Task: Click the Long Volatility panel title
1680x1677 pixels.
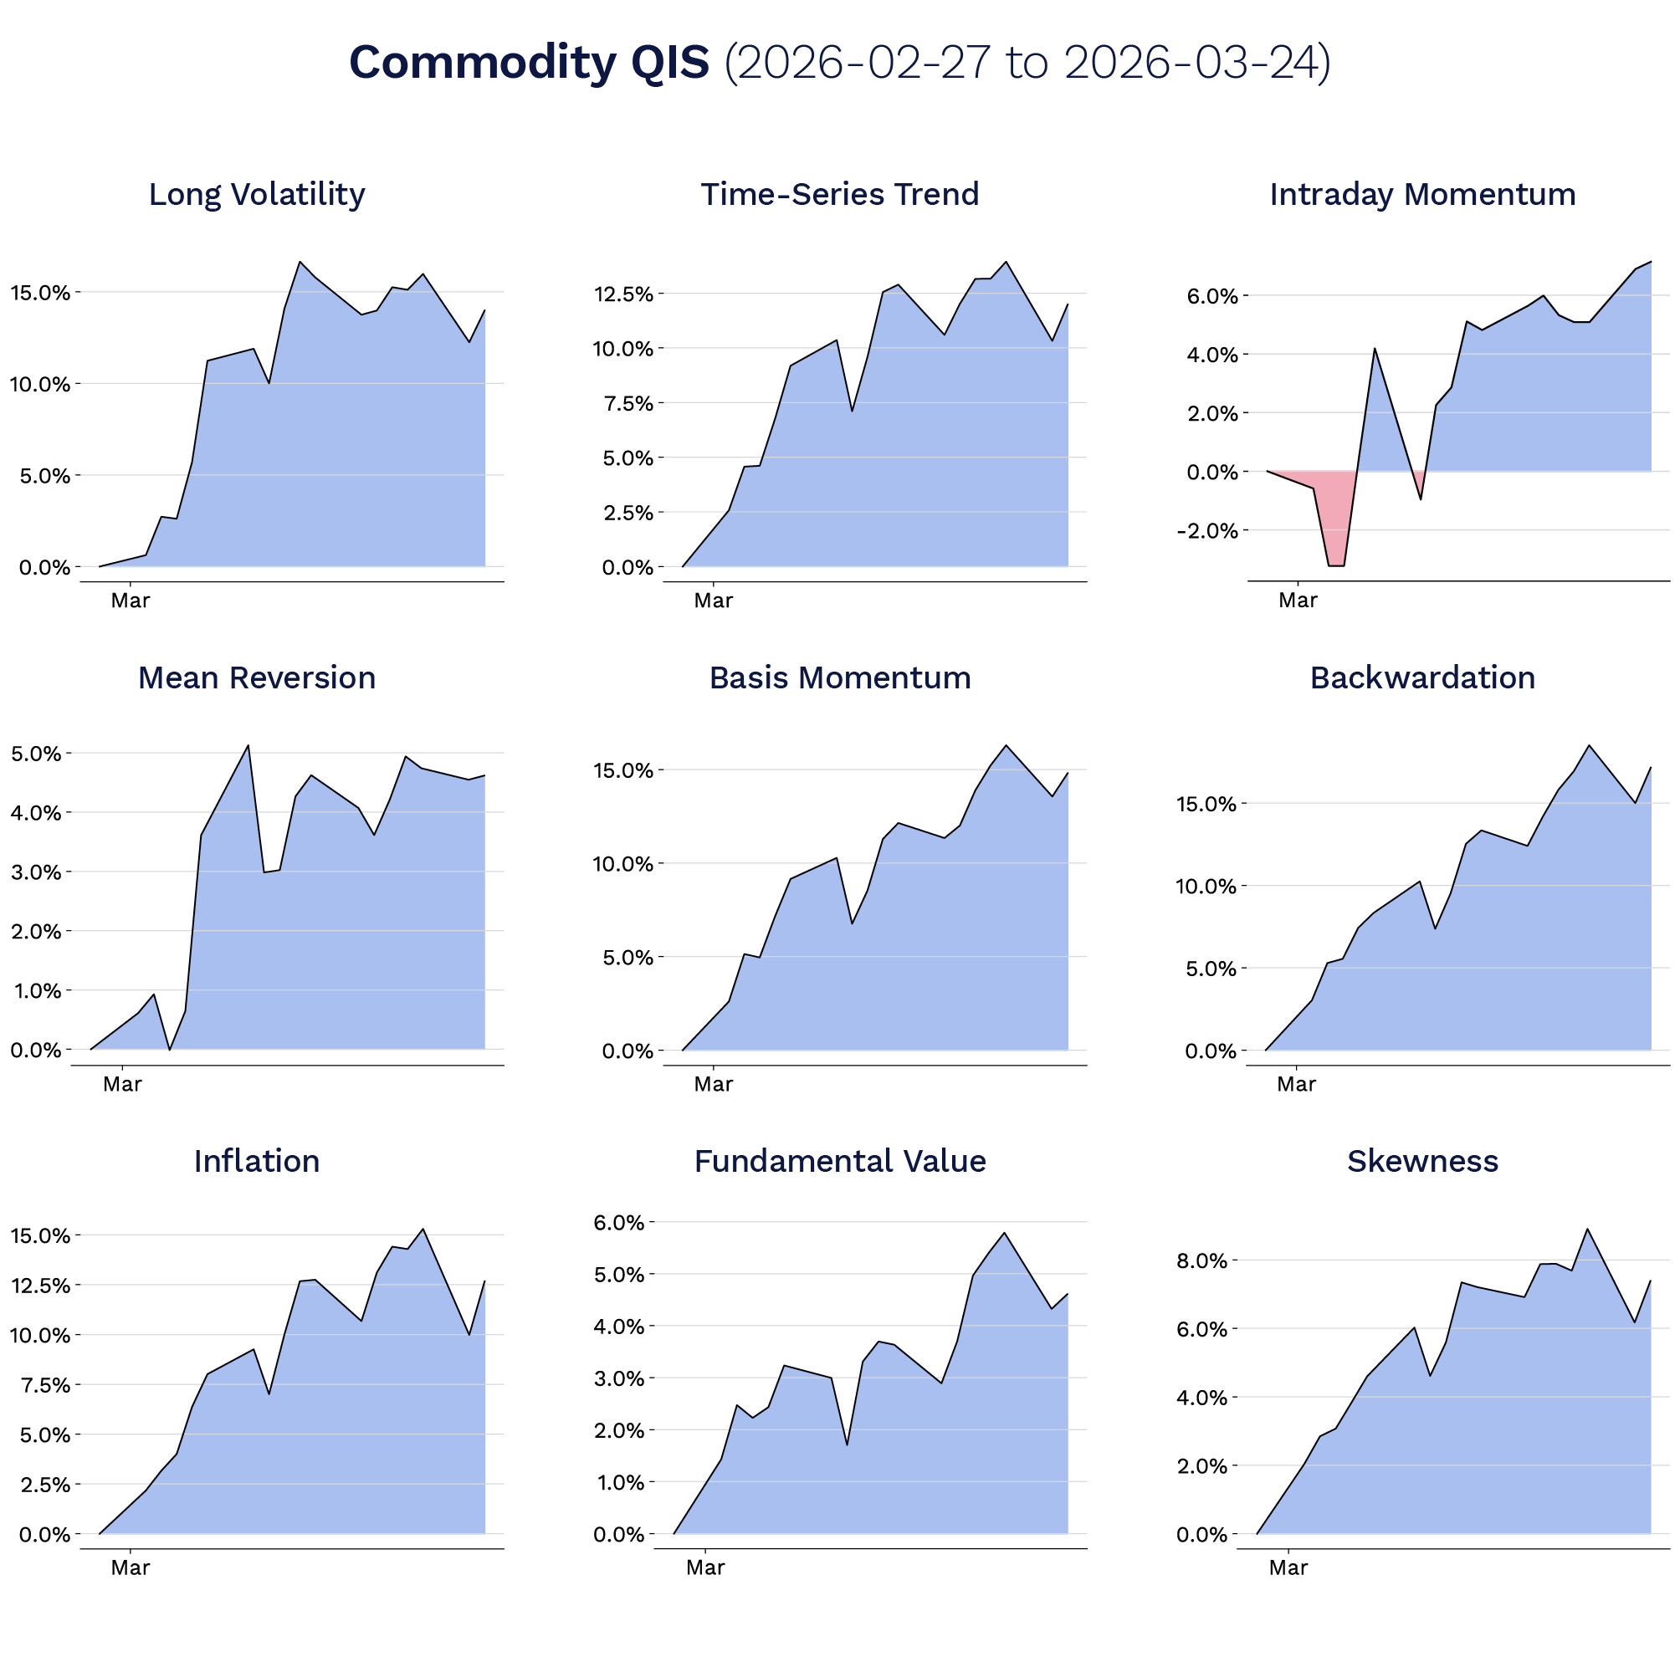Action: (x=257, y=194)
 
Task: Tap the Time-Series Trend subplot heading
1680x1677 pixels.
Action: (x=839, y=194)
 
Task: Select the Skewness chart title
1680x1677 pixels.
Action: (x=1421, y=1161)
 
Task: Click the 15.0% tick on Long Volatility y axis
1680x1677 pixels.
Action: (x=40, y=293)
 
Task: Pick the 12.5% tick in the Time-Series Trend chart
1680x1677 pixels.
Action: (x=622, y=294)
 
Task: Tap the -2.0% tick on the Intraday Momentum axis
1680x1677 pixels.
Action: (x=1206, y=530)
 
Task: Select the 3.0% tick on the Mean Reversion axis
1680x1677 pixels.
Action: (x=36, y=872)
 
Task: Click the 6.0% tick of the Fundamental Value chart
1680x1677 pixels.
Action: (x=618, y=1222)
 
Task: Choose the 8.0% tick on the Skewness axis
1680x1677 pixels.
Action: (x=1201, y=1260)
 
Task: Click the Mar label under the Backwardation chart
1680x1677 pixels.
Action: (x=1296, y=1084)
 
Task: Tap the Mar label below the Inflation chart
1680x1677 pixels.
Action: (x=131, y=1567)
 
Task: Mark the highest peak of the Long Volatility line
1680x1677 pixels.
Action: (x=300, y=262)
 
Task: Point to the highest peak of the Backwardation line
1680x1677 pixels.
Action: (x=1589, y=745)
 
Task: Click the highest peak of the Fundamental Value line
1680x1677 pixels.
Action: (x=1004, y=1233)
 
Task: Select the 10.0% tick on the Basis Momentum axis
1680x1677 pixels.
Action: (x=622, y=864)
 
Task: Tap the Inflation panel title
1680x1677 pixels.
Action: (x=257, y=1161)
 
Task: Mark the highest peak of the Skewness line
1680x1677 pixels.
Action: (x=1588, y=1229)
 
